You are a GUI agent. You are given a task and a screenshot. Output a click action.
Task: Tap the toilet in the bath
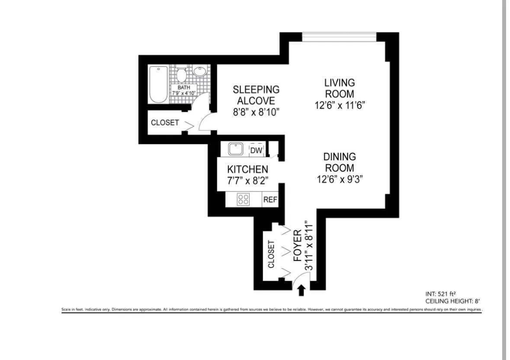coord(182,74)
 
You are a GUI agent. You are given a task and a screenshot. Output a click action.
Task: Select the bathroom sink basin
coord(200,71)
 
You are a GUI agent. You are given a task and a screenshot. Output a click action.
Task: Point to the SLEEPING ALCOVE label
coord(256,95)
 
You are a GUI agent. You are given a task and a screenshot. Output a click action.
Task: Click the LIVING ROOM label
coord(340,88)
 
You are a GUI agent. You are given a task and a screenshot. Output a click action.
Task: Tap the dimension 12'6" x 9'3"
coord(340,179)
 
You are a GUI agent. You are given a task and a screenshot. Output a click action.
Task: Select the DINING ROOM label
coord(340,162)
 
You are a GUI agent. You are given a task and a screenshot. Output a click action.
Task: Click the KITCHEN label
coord(247,169)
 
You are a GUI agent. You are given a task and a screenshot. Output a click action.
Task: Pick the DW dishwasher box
coord(257,150)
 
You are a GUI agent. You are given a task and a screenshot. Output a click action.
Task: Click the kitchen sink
coord(236,150)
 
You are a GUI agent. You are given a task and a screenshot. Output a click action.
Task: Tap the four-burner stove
coord(243,199)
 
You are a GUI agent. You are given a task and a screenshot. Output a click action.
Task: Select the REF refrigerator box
coord(270,200)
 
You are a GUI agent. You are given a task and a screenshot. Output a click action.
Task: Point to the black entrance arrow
coord(302,290)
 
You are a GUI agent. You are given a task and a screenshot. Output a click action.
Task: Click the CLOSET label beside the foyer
coord(271,254)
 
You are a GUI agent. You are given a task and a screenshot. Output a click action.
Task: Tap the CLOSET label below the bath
coord(165,123)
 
